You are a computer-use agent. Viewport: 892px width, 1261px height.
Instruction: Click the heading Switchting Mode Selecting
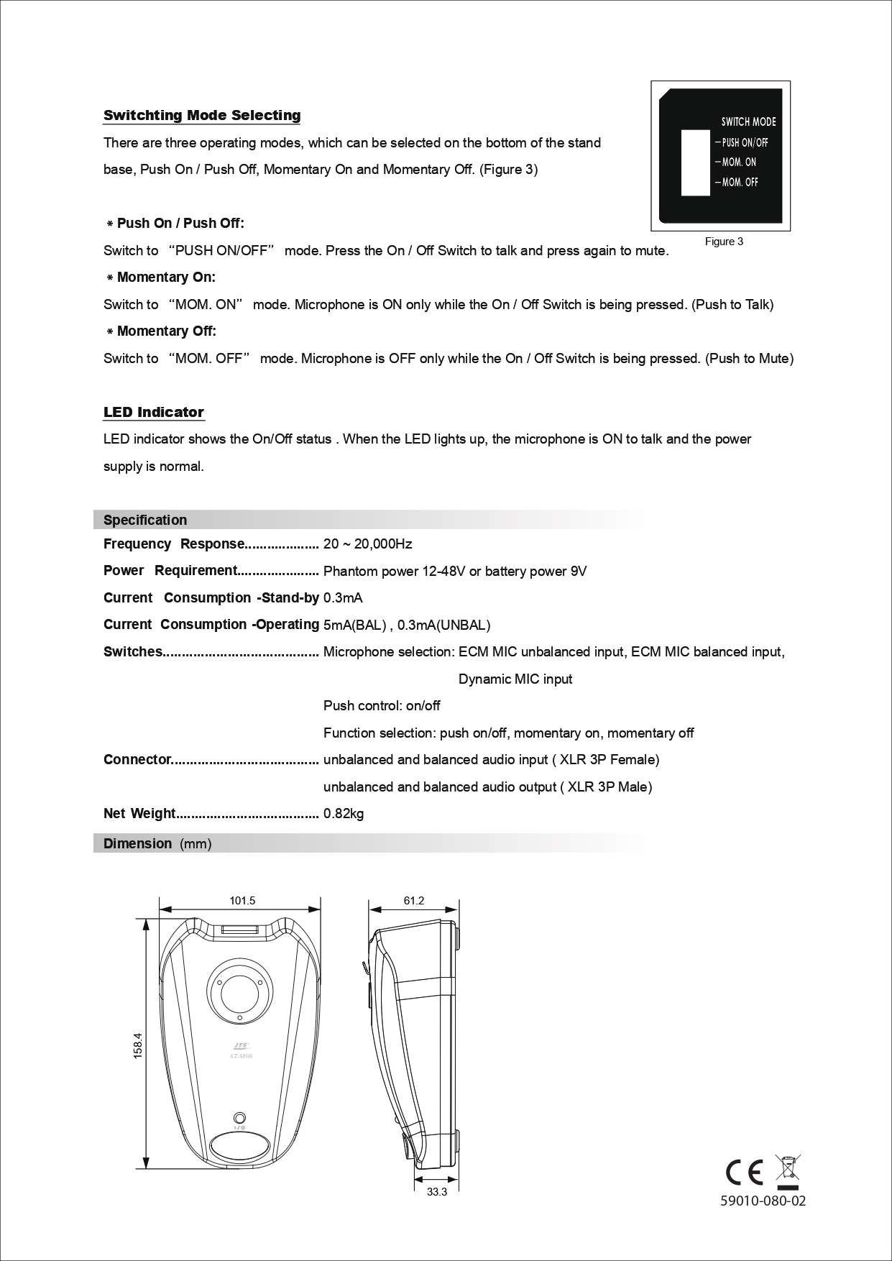click(202, 116)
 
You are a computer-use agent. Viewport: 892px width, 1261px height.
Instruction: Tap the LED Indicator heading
click(154, 412)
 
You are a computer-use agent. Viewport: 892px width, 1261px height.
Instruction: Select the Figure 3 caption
click(724, 242)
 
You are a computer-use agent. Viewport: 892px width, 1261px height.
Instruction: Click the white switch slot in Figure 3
click(694, 162)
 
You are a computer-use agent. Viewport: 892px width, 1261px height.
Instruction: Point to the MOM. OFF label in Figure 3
click(740, 183)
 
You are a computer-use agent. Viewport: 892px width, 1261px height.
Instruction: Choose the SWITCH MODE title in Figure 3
click(748, 122)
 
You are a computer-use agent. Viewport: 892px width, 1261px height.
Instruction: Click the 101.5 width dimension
click(242, 901)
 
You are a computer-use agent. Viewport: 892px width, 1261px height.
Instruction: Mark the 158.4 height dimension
click(138, 1045)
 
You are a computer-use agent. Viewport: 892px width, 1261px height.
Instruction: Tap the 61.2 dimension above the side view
click(414, 901)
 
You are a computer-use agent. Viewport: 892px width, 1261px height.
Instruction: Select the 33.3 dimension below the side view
click(436, 1193)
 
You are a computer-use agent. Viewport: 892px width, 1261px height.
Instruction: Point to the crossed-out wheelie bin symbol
click(788, 1170)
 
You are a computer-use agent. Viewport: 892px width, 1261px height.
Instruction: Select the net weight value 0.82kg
click(344, 814)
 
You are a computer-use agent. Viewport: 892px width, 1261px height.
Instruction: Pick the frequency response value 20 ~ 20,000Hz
click(367, 544)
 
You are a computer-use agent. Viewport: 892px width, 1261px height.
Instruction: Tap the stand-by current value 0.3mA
click(343, 598)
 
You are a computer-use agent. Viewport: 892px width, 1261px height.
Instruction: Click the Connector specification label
click(137, 760)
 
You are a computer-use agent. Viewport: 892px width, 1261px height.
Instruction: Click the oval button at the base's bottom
click(241, 1147)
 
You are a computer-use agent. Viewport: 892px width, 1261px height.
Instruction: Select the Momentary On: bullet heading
click(166, 278)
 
